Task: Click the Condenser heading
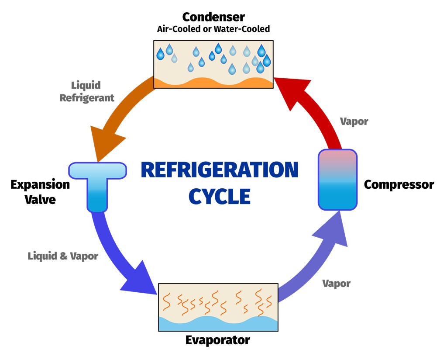point(213,17)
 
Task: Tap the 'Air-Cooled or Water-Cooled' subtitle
point(213,29)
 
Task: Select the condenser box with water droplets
point(213,61)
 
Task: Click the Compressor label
point(399,184)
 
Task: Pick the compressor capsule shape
point(337,180)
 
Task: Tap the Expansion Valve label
point(40,191)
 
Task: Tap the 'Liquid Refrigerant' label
point(87,91)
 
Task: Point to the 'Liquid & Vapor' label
point(63,256)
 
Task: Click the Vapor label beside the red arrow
point(354,121)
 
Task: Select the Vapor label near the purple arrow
point(336,284)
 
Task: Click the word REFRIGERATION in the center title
point(219,170)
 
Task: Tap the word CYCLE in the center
point(219,196)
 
